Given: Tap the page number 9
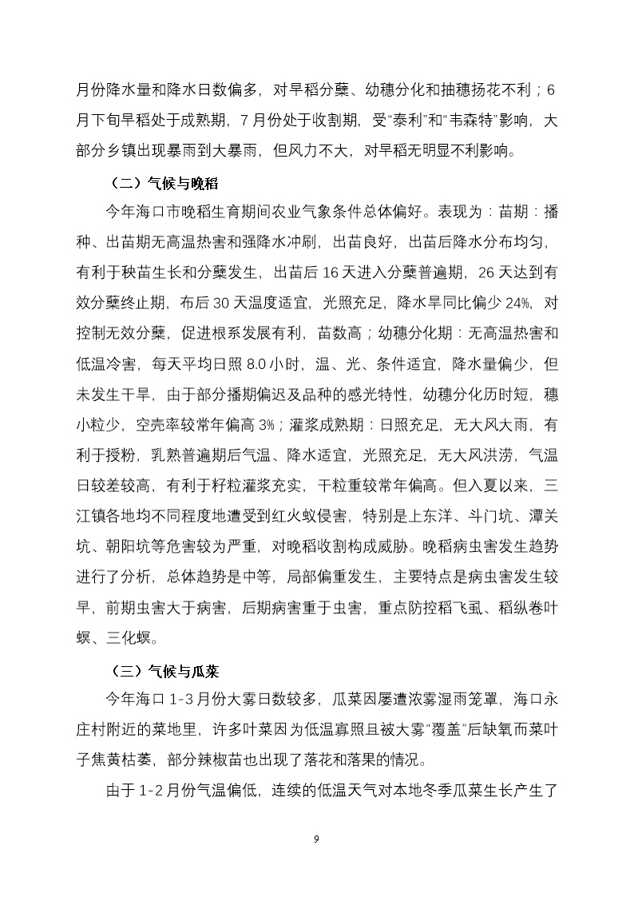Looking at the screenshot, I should pos(317,838).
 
